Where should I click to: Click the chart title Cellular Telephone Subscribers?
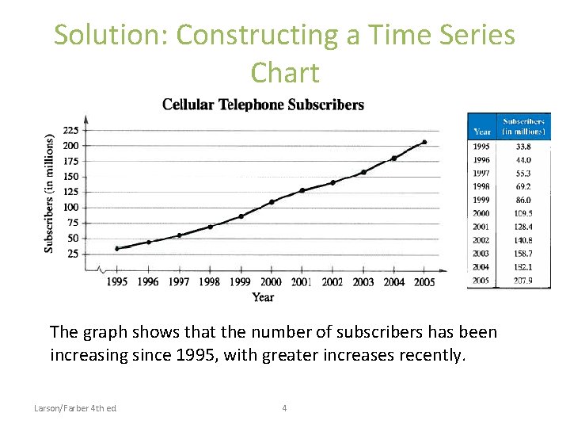(x=263, y=105)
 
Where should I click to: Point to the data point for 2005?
(x=424, y=143)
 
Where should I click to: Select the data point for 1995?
(x=117, y=249)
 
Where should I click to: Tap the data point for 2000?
(x=272, y=202)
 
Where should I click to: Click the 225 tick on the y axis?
(x=70, y=131)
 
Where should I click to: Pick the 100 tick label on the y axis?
(x=70, y=208)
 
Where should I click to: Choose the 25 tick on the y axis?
(x=73, y=254)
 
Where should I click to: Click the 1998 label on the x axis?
(x=209, y=282)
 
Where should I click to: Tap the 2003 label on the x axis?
(x=363, y=282)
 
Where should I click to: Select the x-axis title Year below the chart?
(x=264, y=297)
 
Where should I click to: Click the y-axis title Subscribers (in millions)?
(x=49, y=193)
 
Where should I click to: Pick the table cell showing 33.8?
(x=523, y=147)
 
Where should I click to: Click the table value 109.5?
(x=523, y=213)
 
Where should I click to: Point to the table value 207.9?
(x=523, y=281)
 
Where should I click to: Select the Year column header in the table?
(x=482, y=132)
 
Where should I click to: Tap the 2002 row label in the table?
(x=481, y=240)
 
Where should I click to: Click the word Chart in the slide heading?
(x=285, y=73)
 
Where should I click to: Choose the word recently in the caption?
(x=427, y=355)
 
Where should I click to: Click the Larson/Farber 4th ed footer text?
(x=75, y=408)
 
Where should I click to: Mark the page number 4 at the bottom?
(x=284, y=408)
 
